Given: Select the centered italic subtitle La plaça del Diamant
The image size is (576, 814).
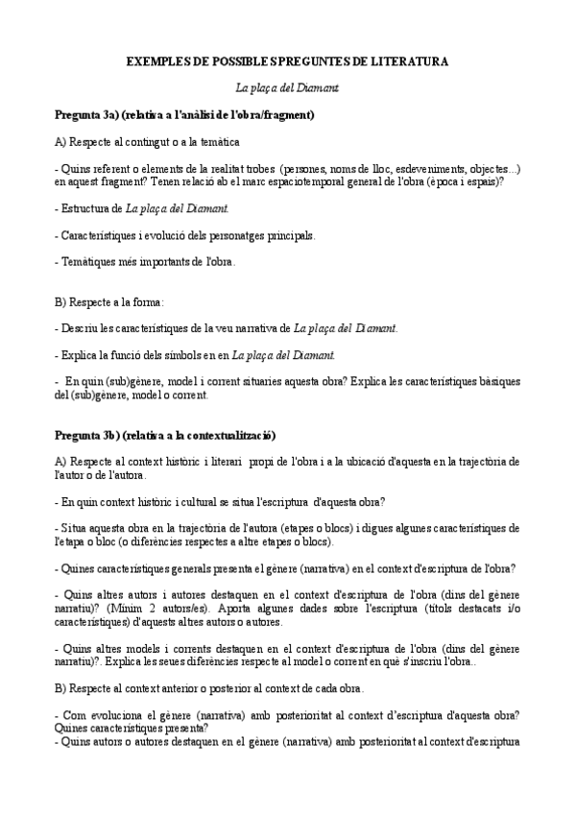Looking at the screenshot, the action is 287,87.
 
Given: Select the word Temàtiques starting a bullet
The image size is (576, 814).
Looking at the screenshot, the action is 90,261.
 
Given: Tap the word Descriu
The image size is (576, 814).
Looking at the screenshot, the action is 81,328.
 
